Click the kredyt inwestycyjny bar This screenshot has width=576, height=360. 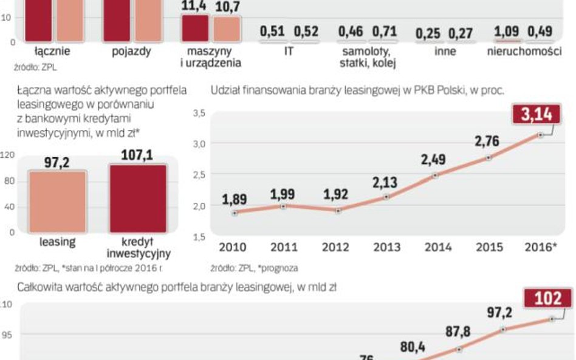pyautogui.click(x=138, y=199)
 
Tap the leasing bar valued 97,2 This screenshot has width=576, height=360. pyautogui.click(x=58, y=202)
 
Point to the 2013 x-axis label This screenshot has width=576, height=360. pyautogui.click(x=386, y=247)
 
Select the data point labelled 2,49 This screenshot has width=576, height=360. pyautogui.click(x=435, y=175)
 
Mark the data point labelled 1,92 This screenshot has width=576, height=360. pyautogui.click(x=338, y=211)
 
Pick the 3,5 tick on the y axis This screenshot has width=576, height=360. pyautogui.click(x=199, y=113)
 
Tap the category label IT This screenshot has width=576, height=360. pyautogui.click(x=289, y=52)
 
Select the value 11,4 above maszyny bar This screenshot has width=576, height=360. pyautogui.click(x=194, y=6)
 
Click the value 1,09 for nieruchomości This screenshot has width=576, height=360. pyautogui.click(x=507, y=30)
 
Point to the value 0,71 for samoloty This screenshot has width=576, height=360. pyautogui.click(x=384, y=30)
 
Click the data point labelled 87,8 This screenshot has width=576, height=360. pyautogui.click(x=460, y=350)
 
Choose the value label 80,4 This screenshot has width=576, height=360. pyautogui.click(x=413, y=347)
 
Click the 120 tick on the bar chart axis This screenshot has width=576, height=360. pyautogui.click(x=7, y=155)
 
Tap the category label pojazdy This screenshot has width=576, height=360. pyautogui.click(x=131, y=52)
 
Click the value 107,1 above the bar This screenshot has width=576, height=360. pyautogui.click(x=137, y=155)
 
